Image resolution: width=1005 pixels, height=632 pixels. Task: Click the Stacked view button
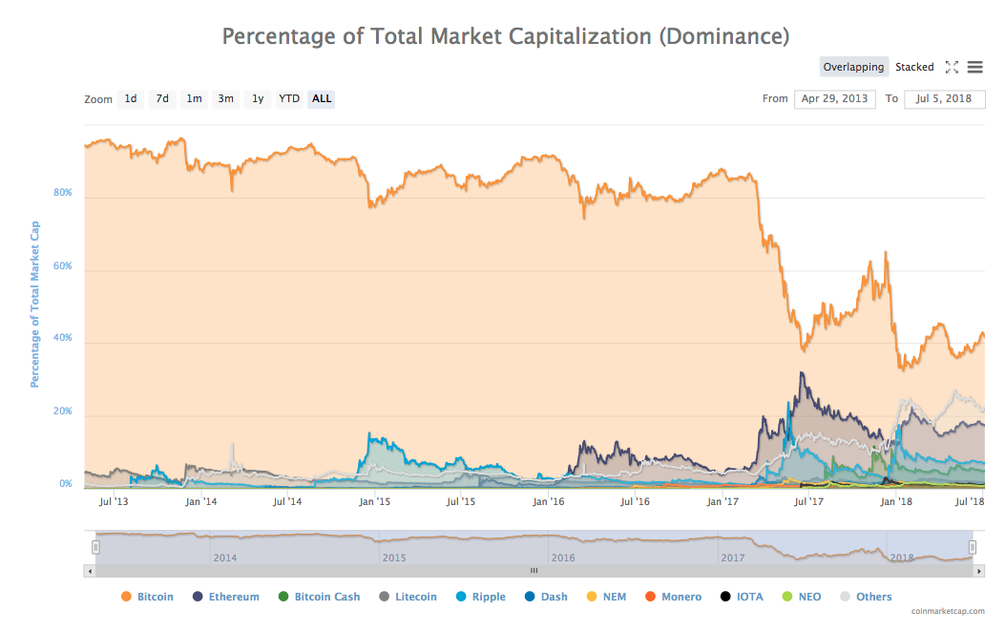point(914,67)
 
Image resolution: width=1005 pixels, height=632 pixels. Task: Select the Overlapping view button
point(853,67)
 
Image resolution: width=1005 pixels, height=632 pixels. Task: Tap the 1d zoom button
point(131,98)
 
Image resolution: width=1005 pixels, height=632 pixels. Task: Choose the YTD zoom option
point(289,98)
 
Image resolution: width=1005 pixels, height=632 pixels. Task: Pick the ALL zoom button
point(322,98)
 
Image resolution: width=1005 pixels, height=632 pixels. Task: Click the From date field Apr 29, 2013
point(834,98)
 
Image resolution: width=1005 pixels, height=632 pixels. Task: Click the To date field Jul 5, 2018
point(944,98)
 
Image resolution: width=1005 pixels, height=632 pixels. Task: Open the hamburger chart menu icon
point(974,67)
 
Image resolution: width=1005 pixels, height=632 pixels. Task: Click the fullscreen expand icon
point(952,67)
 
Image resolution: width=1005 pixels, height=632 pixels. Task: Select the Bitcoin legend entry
point(155,597)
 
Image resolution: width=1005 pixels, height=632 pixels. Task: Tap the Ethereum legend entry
point(234,597)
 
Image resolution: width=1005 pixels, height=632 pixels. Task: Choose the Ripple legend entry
point(488,597)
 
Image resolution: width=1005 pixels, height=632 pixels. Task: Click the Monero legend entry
point(680,597)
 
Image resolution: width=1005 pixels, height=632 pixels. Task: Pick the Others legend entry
point(873,597)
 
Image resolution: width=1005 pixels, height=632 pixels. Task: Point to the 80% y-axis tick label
point(62,193)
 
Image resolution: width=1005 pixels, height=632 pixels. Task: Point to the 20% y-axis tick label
point(62,411)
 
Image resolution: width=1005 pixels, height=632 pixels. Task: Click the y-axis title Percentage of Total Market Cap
point(35,305)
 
